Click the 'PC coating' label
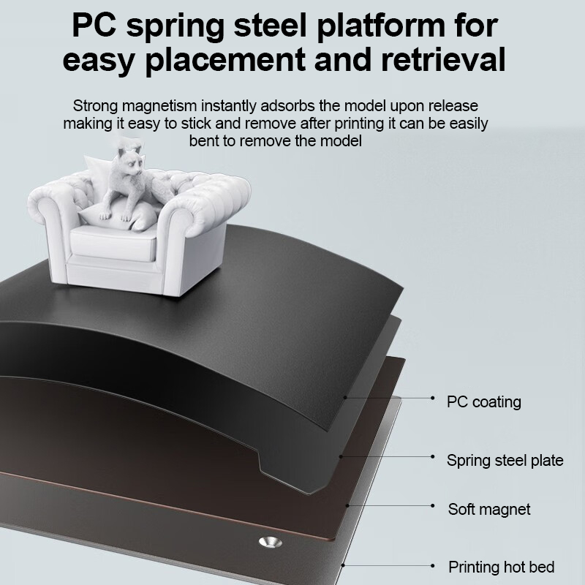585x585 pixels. click(x=483, y=401)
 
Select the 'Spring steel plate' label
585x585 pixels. click(x=505, y=460)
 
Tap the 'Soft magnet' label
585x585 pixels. click(x=489, y=509)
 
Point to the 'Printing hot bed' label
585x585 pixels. click(x=501, y=567)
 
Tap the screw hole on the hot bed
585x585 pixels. click(x=271, y=542)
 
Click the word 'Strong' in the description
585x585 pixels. click(x=94, y=106)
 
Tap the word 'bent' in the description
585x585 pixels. click(x=205, y=140)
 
